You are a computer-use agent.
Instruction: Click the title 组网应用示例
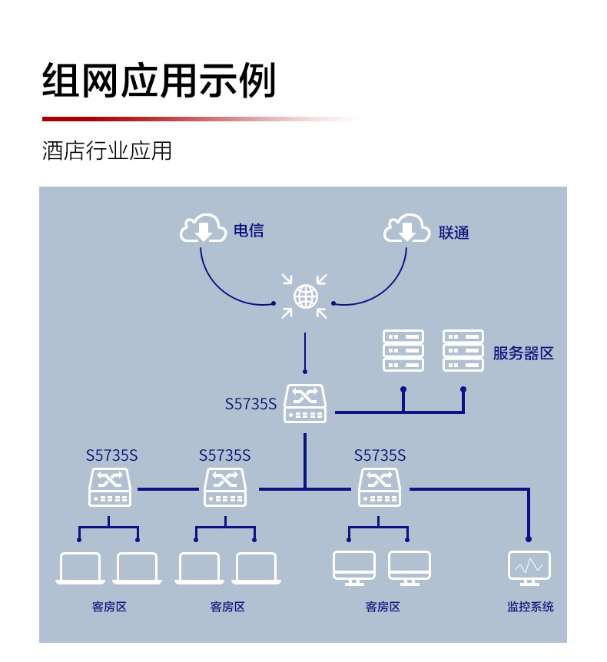coord(159,80)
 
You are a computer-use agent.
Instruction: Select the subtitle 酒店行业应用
coord(107,151)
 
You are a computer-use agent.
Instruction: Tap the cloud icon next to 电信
coord(203,228)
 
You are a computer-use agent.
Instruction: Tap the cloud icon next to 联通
coord(406,228)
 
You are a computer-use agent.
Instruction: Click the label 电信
coord(249,230)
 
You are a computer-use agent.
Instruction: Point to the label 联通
coord(453,233)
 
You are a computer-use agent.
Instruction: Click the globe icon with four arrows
coord(305,296)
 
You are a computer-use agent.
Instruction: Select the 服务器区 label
coord(523,353)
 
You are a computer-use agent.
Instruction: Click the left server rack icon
coord(403,351)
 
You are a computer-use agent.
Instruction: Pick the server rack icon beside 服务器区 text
coord(463,351)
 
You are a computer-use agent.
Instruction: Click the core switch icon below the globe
coord(305,404)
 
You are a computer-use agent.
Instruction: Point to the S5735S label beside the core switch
coord(251,404)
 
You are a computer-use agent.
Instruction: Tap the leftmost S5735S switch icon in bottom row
coord(110,487)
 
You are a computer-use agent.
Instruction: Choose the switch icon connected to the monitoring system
coord(380,487)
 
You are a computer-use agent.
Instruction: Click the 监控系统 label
coord(530,607)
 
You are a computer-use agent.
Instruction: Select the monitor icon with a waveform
coord(529,568)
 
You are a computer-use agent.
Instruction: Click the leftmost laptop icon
coord(80,568)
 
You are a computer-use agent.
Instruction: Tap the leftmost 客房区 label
coord(109,607)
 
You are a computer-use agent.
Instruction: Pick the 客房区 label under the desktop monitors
coord(383,607)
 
